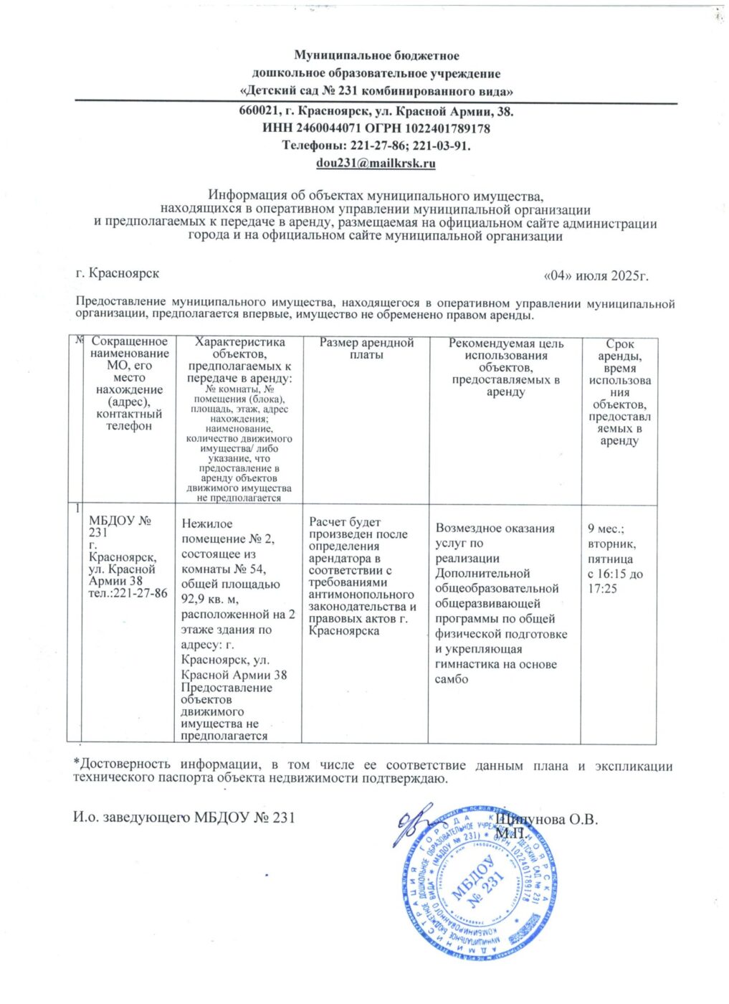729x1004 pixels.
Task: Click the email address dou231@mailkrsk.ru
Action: point(376,164)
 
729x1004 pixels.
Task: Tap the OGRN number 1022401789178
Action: point(447,129)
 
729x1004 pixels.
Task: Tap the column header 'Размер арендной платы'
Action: point(366,349)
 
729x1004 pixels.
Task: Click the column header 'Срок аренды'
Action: point(619,350)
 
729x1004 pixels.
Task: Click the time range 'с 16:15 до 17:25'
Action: point(614,582)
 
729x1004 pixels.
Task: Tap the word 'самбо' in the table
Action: point(452,679)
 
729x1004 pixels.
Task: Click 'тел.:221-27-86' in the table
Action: point(128,593)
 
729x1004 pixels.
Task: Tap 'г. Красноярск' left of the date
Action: point(118,274)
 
